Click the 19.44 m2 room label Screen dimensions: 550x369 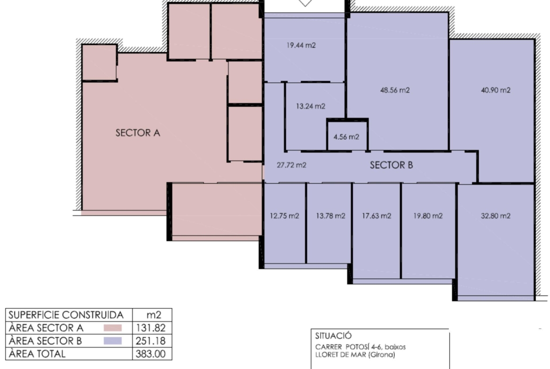(x=301, y=45)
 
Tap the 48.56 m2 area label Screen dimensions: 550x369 (x=395, y=90)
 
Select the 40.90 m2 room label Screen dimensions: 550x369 (x=495, y=90)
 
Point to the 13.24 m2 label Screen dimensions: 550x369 (x=310, y=106)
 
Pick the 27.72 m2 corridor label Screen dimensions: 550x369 (x=291, y=165)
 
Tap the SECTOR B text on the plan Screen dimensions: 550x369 (x=392, y=165)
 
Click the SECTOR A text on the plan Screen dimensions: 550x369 (x=138, y=133)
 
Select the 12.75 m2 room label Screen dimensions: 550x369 (x=284, y=216)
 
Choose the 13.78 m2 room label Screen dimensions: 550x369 (x=330, y=216)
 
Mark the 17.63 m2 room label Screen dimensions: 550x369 (x=377, y=216)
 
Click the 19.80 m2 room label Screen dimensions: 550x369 (x=428, y=216)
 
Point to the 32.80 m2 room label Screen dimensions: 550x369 (x=495, y=216)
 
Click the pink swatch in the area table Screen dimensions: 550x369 (x=113, y=328)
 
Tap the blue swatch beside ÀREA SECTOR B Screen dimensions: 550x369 (x=113, y=341)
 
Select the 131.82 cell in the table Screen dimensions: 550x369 (x=151, y=328)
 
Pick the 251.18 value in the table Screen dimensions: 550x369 (x=151, y=341)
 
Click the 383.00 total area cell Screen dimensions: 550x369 (x=151, y=353)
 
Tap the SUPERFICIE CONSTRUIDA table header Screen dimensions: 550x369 (x=66, y=315)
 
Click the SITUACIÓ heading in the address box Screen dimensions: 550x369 (x=333, y=336)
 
